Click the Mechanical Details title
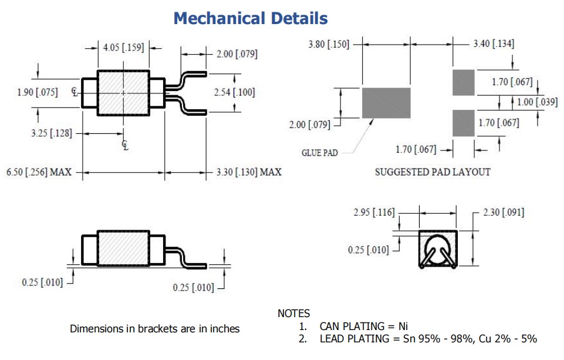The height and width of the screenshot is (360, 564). [x=251, y=18]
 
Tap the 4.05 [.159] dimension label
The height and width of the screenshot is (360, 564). [x=123, y=48]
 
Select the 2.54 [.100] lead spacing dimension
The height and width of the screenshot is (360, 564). [x=234, y=92]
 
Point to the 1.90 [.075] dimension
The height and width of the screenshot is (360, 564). [x=37, y=92]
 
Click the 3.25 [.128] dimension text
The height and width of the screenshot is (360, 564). [x=52, y=133]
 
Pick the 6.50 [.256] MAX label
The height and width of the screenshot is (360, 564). [x=39, y=172]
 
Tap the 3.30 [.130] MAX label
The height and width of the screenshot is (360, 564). [x=249, y=172]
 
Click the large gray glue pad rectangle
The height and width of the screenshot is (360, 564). [x=386, y=103]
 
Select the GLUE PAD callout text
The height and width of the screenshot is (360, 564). [x=320, y=153]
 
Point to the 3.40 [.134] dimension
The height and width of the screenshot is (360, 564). [x=494, y=43]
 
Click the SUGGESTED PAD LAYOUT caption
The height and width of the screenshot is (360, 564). [x=433, y=172]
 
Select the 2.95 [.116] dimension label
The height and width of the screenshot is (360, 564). [x=374, y=212]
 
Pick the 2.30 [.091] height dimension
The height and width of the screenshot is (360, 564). [x=504, y=212]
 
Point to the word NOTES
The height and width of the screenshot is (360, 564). [x=293, y=314]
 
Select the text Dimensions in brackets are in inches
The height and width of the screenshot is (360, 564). [x=154, y=329]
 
